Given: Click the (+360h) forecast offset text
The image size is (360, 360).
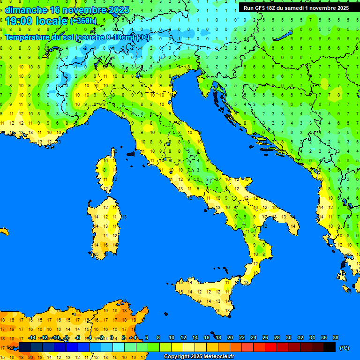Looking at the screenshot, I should (83, 21).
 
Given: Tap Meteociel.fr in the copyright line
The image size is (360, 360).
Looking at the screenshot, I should (216, 357).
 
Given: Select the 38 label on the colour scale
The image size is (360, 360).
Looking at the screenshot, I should (336, 338).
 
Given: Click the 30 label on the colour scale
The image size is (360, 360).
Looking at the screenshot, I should (289, 338).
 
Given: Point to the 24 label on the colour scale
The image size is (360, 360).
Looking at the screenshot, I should (254, 338).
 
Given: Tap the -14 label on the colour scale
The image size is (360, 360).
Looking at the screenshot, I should (32, 338).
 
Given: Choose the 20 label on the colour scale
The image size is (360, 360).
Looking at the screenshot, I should (230, 338).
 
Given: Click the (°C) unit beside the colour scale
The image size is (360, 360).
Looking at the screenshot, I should (345, 348).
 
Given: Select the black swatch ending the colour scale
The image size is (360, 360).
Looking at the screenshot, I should (330, 347).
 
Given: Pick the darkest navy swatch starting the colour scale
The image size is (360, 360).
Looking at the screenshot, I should (25, 347).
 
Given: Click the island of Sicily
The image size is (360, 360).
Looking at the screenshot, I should (206, 295).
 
